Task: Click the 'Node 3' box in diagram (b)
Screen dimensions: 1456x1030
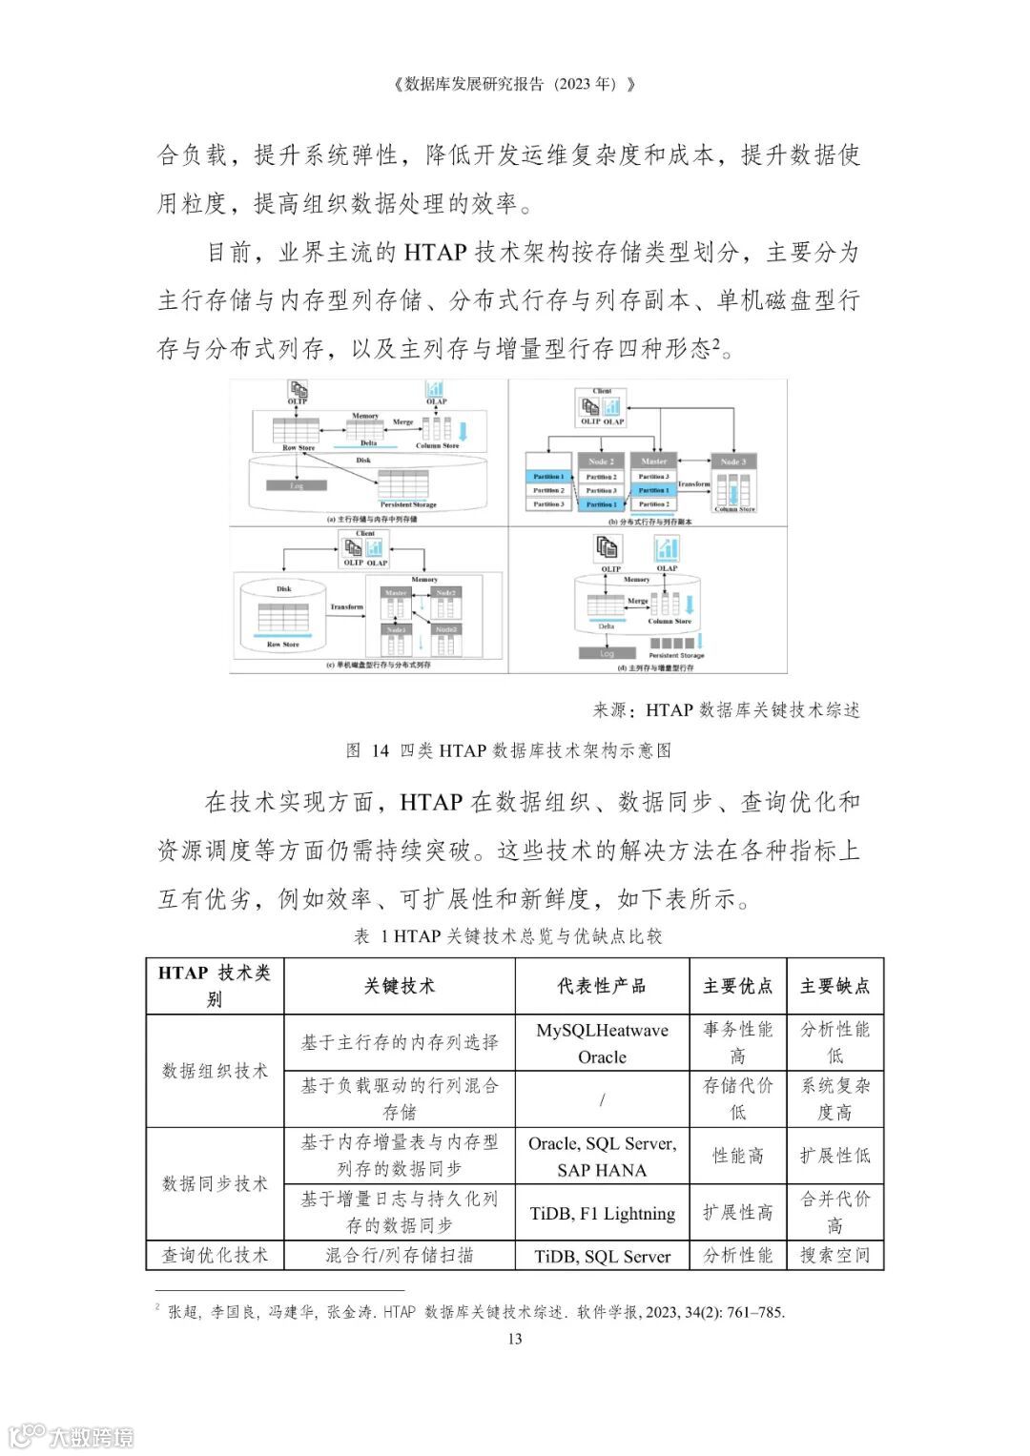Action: pos(732,461)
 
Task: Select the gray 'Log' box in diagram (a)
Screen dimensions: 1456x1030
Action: pos(296,485)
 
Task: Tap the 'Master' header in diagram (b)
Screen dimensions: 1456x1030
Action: pos(654,461)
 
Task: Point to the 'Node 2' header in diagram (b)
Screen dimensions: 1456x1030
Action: pos(600,461)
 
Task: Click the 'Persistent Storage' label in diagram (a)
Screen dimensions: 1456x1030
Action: pos(408,504)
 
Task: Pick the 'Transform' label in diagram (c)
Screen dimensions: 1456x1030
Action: pos(347,606)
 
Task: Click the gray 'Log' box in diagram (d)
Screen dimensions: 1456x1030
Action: pos(607,654)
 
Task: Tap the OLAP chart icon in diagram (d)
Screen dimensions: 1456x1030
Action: pos(667,549)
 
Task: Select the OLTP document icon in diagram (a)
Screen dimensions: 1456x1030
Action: pos(299,389)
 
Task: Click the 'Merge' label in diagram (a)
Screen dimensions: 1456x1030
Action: pos(402,421)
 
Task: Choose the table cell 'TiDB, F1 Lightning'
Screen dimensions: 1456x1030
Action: pos(602,1214)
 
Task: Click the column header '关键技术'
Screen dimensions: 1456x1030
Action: pos(400,986)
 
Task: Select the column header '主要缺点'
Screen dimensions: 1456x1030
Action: pos(834,986)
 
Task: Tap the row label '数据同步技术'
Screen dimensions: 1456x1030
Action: pos(215,1183)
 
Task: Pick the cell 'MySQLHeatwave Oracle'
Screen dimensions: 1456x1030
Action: pos(602,1043)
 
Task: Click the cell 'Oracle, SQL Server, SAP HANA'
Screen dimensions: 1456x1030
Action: pos(602,1157)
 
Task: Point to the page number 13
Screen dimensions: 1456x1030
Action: pos(515,1339)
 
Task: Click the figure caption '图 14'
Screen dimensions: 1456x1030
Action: pos(367,750)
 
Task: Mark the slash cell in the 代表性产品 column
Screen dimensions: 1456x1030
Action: pos(602,1099)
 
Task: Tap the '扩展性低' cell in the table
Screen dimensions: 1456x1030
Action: pos(834,1156)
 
